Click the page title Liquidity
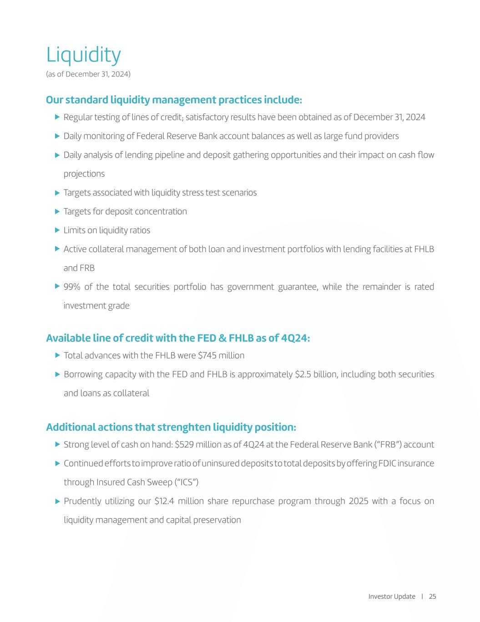click(x=83, y=55)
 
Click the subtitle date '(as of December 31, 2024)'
click(x=88, y=74)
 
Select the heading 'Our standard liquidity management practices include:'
click(x=174, y=100)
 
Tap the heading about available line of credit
click(x=178, y=338)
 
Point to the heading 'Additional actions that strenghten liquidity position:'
click(x=171, y=427)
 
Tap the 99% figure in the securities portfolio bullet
click(x=71, y=287)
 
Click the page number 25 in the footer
click(x=432, y=596)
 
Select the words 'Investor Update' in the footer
click(x=392, y=596)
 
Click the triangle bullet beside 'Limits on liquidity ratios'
click(x=57, y=230)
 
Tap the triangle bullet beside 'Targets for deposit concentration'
click(x=57, y=211)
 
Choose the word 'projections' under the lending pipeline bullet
click(x=84, y=174)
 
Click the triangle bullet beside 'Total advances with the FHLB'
click(x=57, y=355)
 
